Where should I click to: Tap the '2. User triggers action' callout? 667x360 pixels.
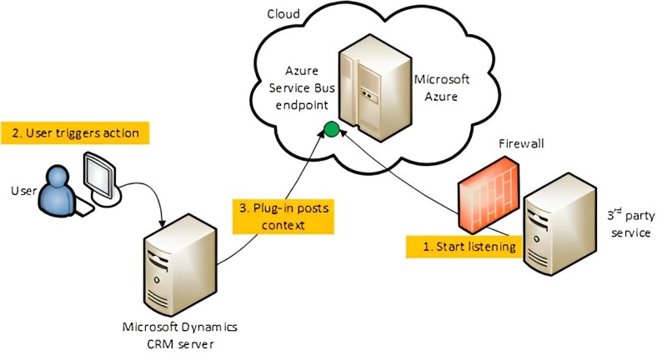(75, 132)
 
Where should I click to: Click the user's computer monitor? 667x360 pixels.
(102, 175)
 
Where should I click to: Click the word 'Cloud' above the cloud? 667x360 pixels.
(283, 14)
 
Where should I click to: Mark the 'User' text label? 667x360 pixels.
(23, 192)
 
